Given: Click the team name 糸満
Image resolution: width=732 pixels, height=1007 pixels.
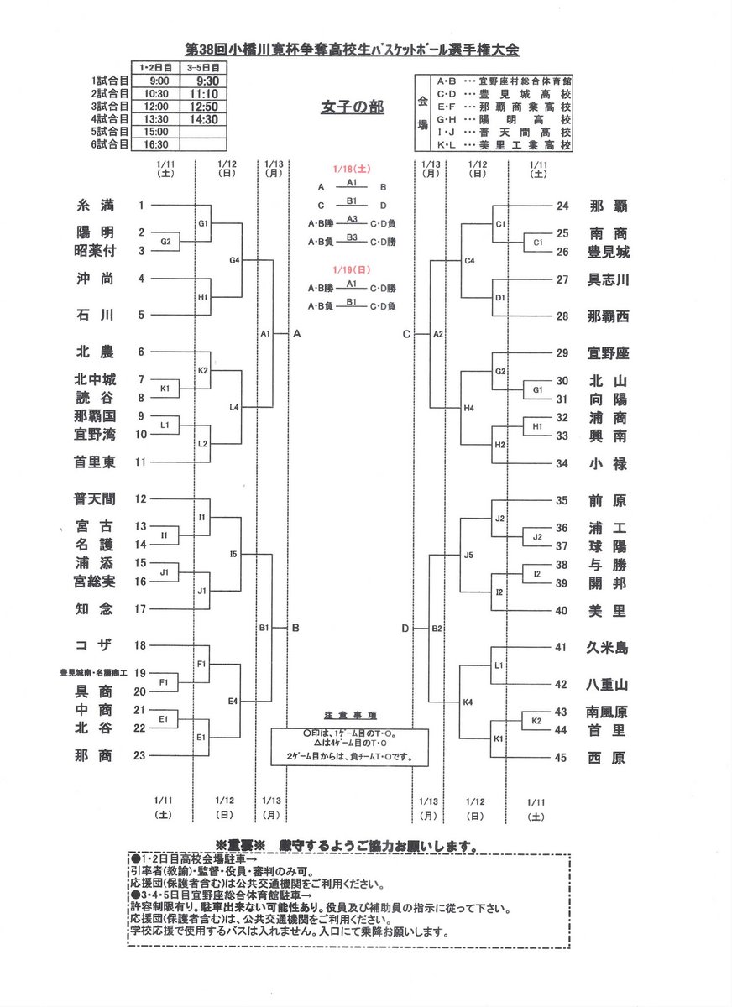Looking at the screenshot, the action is [x=94, y=206].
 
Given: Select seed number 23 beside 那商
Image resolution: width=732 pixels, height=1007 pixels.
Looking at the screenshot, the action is [x=141, y=755].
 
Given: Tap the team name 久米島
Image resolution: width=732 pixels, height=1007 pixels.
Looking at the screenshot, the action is [x=608, y=648].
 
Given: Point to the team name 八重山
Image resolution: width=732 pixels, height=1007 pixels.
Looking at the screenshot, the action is [x=608, y=685].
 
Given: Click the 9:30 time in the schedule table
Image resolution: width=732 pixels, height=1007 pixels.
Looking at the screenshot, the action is [x=202, y=81].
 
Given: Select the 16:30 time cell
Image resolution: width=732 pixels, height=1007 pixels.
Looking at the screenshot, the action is [x=156, y=144].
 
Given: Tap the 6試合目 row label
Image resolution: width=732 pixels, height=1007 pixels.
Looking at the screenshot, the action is [x=110, y=144].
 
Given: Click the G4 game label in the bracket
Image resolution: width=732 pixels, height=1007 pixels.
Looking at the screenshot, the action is [x=235, y=261].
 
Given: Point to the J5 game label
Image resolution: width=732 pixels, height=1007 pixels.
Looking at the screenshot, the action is [x=469, y=555].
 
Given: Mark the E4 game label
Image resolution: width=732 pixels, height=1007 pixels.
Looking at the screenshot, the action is [x=235, y=700].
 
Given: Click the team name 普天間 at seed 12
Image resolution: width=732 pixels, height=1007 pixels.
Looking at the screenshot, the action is [x=94, y=499].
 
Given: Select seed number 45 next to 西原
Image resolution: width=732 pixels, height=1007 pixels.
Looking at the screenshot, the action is [x=562, y=759].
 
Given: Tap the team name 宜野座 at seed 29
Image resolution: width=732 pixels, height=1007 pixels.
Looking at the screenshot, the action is [x=608, y=353].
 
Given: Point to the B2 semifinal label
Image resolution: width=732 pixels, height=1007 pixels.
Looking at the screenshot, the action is [x=437, y=628].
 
